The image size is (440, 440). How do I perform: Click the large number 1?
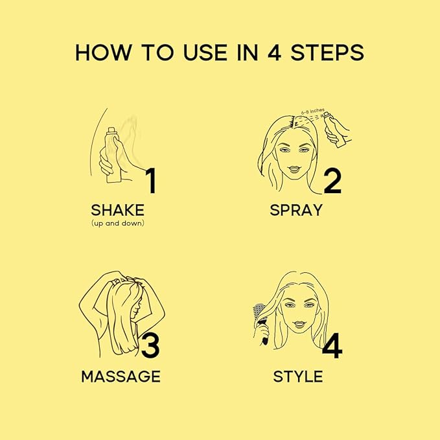pyautogui.click(x=150, y=181)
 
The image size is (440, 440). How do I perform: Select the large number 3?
pyautogui.click(x=150, y=346)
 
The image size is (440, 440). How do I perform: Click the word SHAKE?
pyautogui.click(x=117, y=210)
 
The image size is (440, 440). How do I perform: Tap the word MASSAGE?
pyautogui.click(x=121, y=376)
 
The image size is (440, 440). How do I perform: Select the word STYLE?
pyautogui.click(x=297, y=376)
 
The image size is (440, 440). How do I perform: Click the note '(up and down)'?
pyautogui.click(x=117, y=223)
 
